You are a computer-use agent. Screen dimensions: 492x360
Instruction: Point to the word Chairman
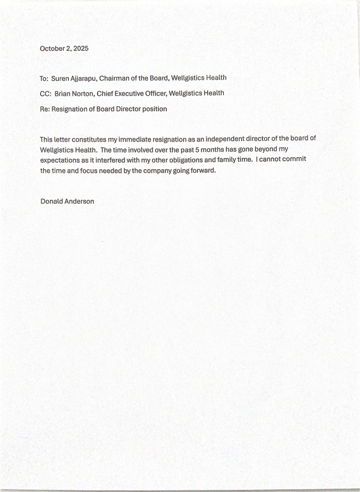click(x=115, y=78)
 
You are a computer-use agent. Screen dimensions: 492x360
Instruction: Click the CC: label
click(x=45, y=94)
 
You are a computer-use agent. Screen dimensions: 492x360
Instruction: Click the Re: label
click(x=45, y=109)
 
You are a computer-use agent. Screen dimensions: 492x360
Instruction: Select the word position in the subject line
click(x=155, y=109)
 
